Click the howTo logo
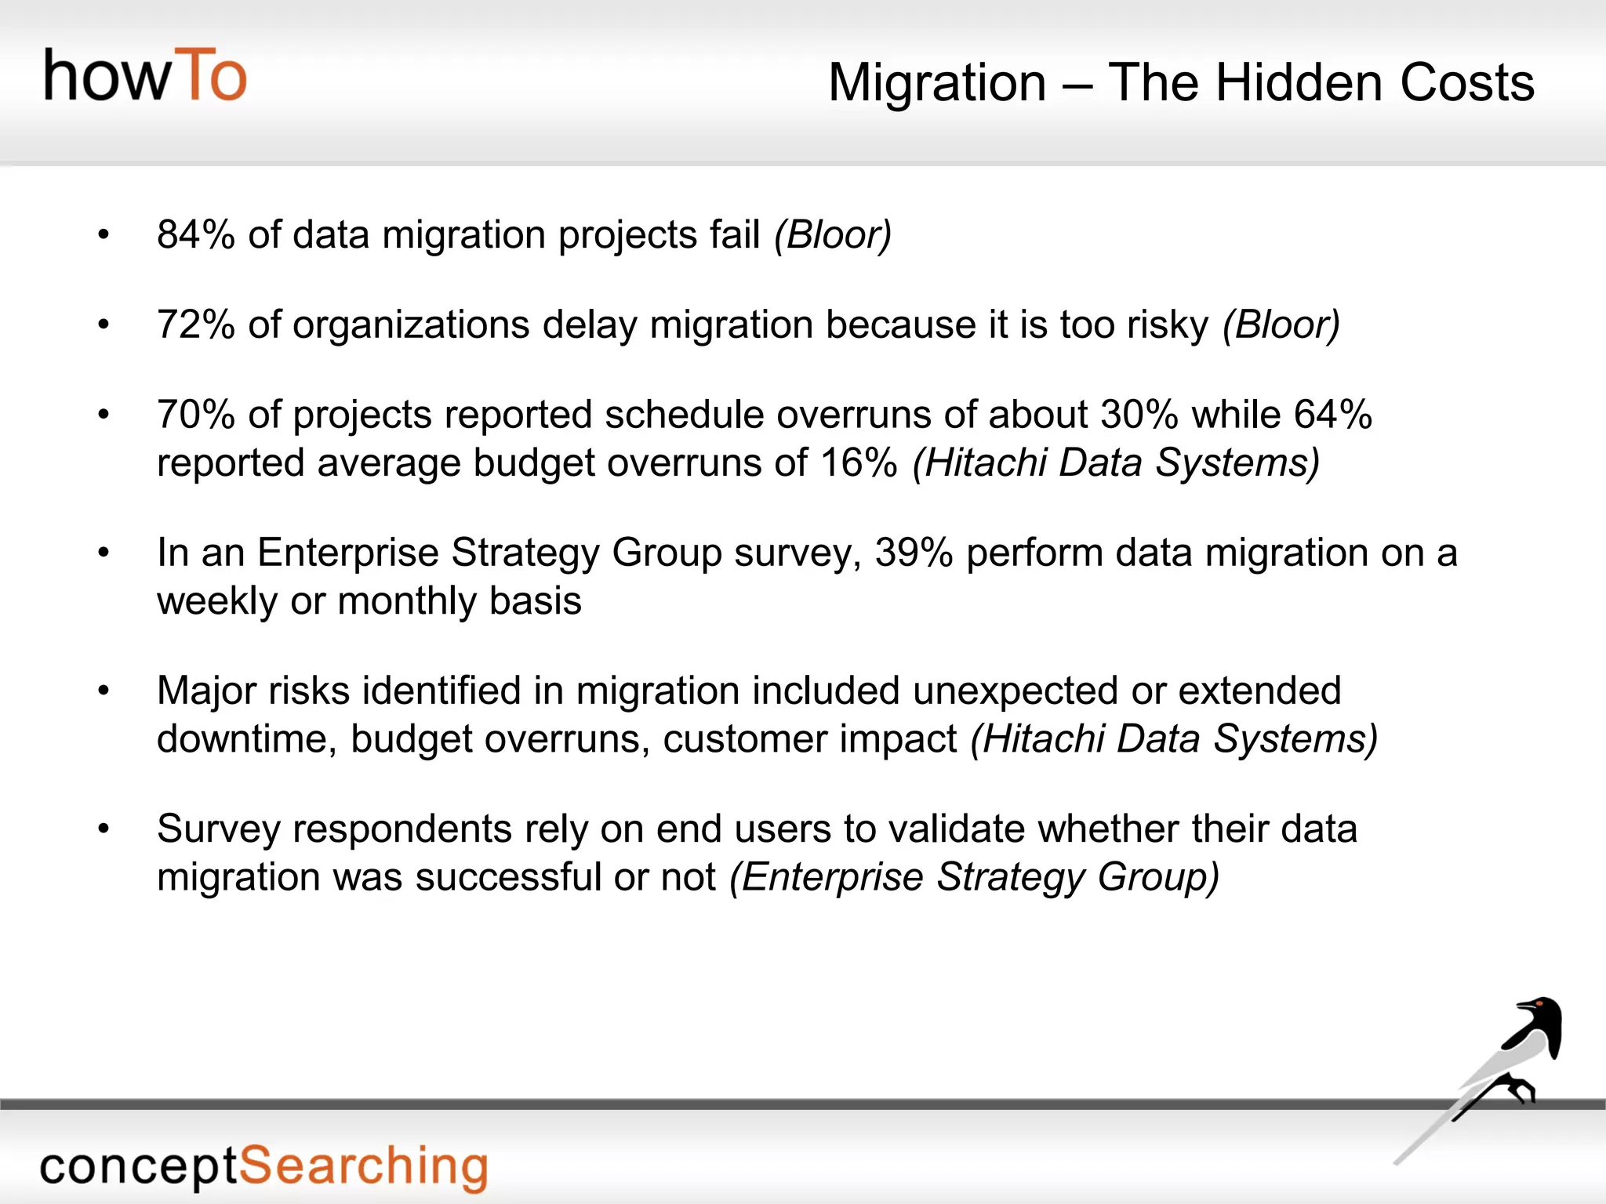pyautogui.click(x=145, y=75)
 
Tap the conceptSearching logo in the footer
pyautogui.click(x=263, y=1166)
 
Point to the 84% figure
pyautogui.click(x=195, y=234)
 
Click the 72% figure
pyautogui.click(x=195, y=325)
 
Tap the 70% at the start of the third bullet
pyautogui.click(x=195, y=414)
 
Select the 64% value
pyautogui.click(x=1332, y=414)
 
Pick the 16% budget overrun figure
pyautogui.click(x=859, y=462)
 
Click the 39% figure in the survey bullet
pyautogui.click(x=914, y=553)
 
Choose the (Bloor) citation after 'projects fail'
pyautogui.click(x=833, y=234)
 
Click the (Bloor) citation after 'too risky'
pyautogui.click(x=1281, y=325)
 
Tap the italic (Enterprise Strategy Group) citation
pyautogui.click(x=974, y=876)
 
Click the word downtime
pyautogui.click(x=246, y=738)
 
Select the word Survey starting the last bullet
pyautogui.click(x=218, y=829)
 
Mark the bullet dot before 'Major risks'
pyautogui.click(x=104, y=691)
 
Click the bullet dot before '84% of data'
pyautogui.click(x=104, y=234)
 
